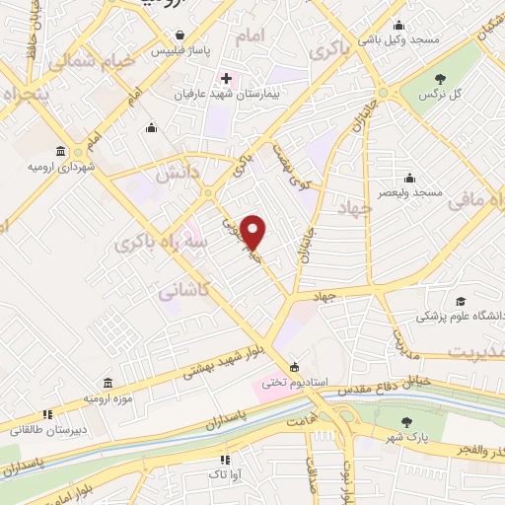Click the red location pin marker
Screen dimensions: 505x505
point(253,232)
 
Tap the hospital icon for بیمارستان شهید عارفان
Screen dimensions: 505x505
point(227,77)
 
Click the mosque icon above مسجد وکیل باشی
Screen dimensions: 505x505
point(398,27)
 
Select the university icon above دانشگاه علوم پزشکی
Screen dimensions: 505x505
point(460,301)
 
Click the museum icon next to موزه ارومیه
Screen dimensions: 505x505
point(107,381)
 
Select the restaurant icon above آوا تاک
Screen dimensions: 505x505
point(225,459)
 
